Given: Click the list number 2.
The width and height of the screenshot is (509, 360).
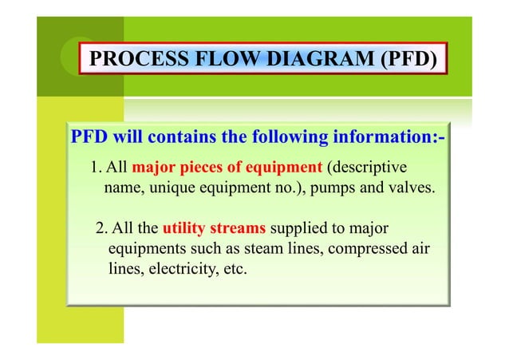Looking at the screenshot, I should point(101,230).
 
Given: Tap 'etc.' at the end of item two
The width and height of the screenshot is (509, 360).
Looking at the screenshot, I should point(232,270).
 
